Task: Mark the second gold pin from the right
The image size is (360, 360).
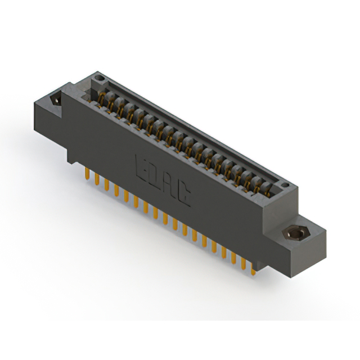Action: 244,264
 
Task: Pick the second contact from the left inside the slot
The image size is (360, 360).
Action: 111,103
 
